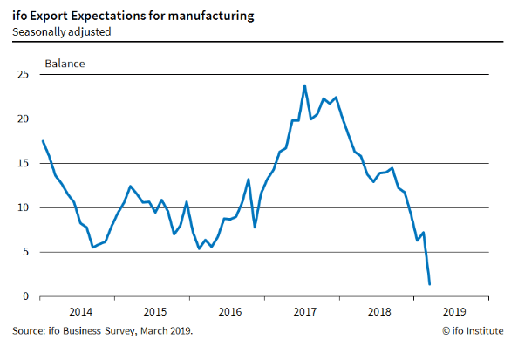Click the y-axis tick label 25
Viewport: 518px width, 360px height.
(24, 75)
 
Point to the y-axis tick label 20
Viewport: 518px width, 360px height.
(24, 119)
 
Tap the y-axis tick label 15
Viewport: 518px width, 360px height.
(24, 164)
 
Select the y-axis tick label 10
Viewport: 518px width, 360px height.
(24, 207)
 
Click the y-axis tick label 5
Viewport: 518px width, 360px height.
(26, 252)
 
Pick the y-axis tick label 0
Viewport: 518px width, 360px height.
(26, 296)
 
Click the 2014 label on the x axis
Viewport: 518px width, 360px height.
(80, 312)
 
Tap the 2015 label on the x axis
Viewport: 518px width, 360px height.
(155, 312)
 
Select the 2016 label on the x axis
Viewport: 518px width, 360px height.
(230, 312)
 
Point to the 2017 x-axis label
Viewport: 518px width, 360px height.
(305, 312)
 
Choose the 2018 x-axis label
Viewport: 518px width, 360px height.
(379, 312)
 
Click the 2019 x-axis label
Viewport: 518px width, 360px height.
(454, 312)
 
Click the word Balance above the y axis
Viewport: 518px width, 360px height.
(65, 64)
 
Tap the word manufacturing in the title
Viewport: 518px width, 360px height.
(211, 17)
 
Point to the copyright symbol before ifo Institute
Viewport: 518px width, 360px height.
(446, 331)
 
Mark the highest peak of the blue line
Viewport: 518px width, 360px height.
(304, 85)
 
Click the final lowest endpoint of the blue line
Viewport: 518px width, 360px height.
(429, 284)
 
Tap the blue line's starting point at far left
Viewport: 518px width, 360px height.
(43, 141)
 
